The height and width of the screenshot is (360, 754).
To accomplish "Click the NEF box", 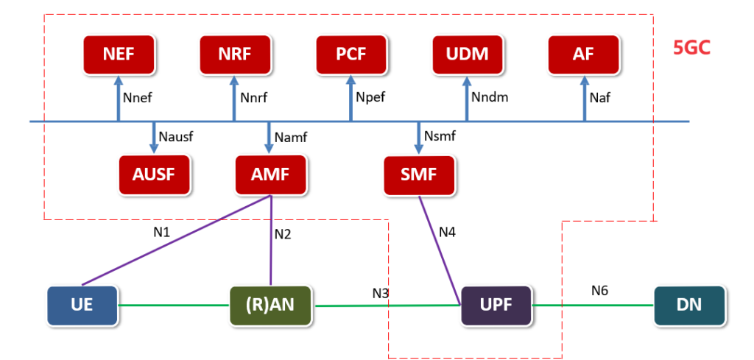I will pyautogui.click(x=119, y=54).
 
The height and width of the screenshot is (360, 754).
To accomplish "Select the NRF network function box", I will pyautogui.click(x=235, y=54).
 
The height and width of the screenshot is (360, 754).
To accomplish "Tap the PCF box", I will pyautogui.click(x=351, y=54).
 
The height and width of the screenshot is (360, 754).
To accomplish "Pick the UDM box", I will pyautogui.click(x=467, y=54).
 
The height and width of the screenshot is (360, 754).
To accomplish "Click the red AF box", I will pyautogui.click(x=584, y=54).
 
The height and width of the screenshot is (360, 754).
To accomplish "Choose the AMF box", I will pyautogui.click(x=271, y=174).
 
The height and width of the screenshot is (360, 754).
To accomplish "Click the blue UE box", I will pyautogui.click(x=82, y=304).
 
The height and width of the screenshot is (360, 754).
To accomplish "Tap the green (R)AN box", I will pyautogui.click(x=271, y=304).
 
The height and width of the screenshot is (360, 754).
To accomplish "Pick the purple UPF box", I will pyautogui.click(x=496, y=304).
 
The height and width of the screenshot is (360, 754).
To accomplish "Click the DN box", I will pyautogui.click(x=689, y=304).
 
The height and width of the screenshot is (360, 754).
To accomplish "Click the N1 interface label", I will pyautogui.click(x=162, y=233).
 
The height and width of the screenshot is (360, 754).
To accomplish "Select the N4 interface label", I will pyautogui.click(x=448, y=233).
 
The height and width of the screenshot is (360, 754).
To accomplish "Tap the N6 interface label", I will pyautogui.click(x=600, y=291).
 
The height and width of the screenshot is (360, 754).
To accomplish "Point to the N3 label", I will pyautogui.click(x=381, y=294).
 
